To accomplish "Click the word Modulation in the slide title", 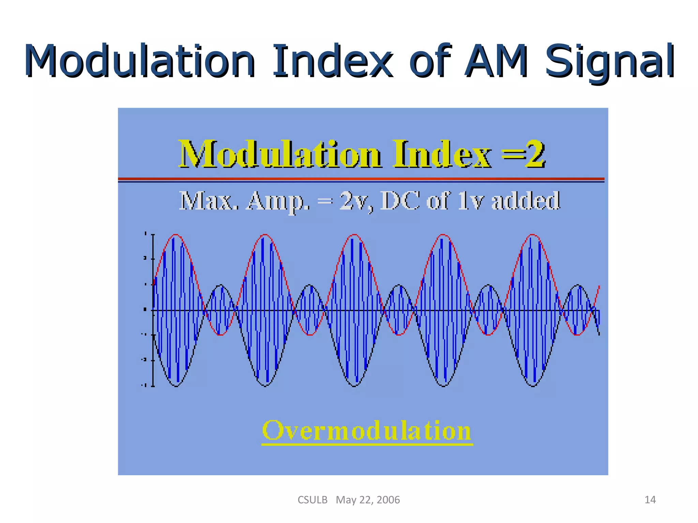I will coord(140,61).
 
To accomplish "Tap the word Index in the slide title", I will coord(332,61).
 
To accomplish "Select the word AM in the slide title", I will coord(496,61).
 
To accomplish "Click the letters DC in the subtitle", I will coord(399,201).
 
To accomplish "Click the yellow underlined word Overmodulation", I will coord(367,431).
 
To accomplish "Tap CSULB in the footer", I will coord(312,500).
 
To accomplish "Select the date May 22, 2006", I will coord(368,500).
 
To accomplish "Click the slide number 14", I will coord(650,500).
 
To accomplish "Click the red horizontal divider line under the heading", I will coord(361,178).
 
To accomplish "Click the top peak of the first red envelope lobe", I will coord(176,235).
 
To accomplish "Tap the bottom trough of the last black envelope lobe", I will coord(533,386).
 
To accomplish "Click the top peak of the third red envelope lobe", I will coord(354,235).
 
